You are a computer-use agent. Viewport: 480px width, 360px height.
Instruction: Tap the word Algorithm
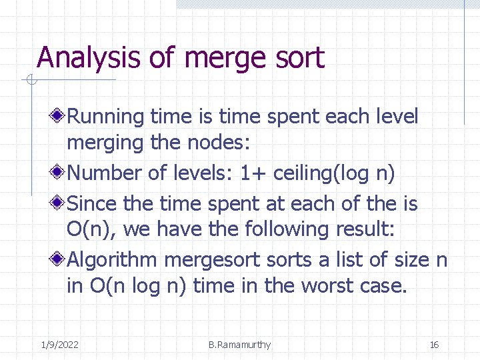113,259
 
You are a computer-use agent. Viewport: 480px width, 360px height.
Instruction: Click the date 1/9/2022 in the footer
60,345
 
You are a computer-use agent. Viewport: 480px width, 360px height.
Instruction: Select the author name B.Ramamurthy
239,345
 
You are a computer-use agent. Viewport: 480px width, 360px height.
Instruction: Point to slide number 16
434,345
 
